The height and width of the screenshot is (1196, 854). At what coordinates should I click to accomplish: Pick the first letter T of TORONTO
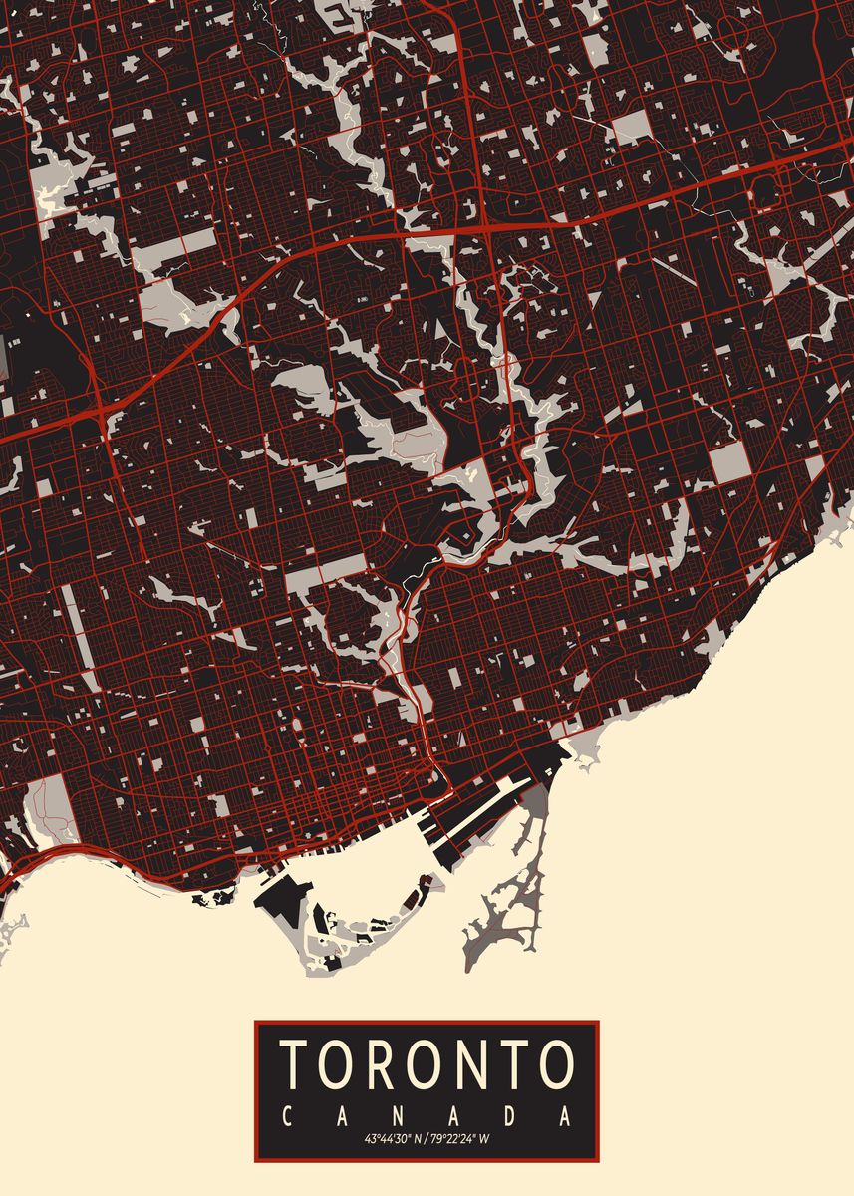293,1064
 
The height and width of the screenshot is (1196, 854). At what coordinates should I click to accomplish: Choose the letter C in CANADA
287,1117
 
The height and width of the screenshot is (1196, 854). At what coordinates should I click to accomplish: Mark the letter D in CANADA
508,1117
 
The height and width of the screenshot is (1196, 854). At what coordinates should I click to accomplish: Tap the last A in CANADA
566,1117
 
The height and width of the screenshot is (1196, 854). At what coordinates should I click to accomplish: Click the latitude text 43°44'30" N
397,1139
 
